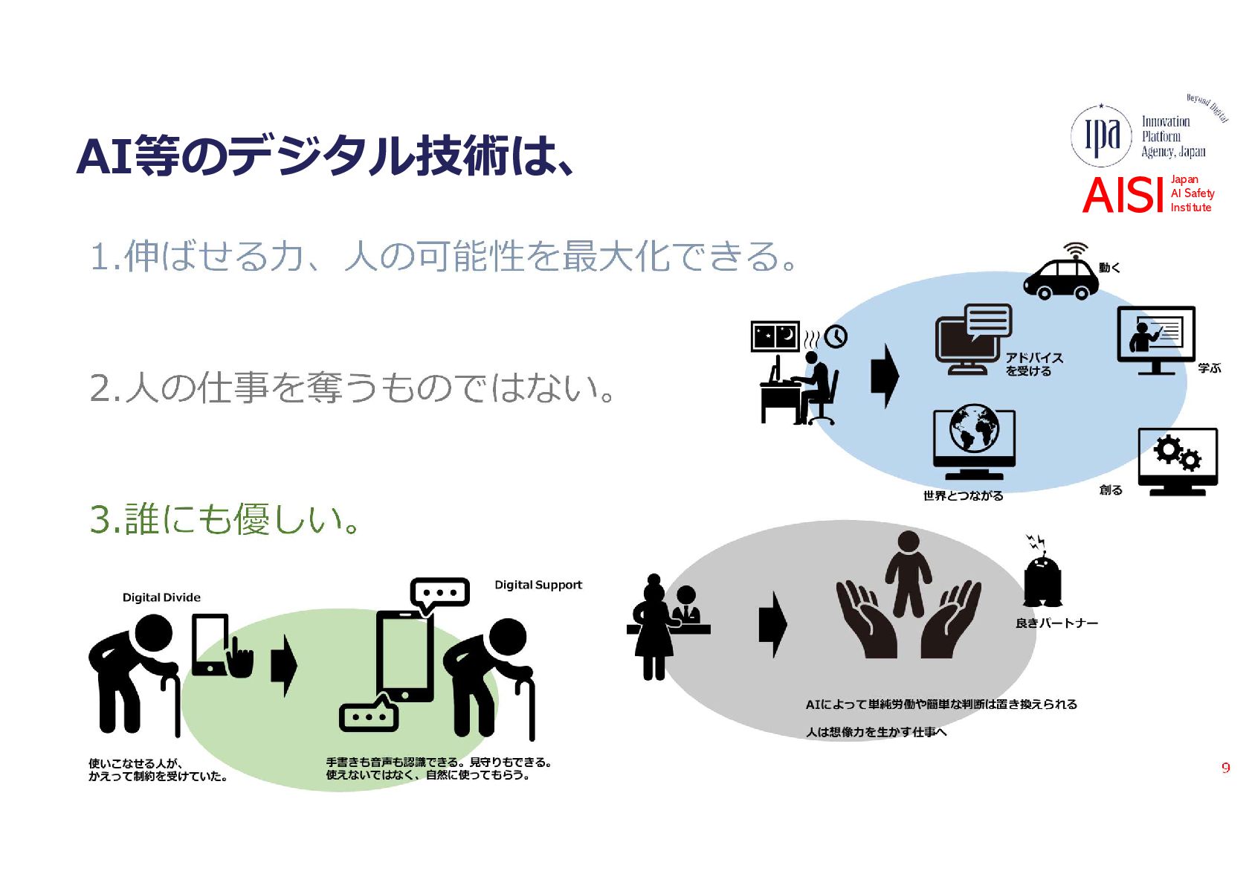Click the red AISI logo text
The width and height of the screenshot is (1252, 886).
pyautogui.click(x=1123, y=195)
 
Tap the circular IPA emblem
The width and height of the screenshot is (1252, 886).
pyautogui.click(x=1100, y=136)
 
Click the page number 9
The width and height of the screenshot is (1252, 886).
pyautogui.click(x=1226, y=768)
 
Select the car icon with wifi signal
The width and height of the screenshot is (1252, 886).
pyautogui.click(x=1061, y=272)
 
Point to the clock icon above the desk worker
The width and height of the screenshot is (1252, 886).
pyautogui.click(x=836, y=336)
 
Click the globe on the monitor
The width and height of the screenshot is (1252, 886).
pyautogui.click(x=974, y=428)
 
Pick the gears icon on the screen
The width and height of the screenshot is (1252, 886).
pyautogui.click(x=1178, y=453)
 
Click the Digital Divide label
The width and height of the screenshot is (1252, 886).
pyautogui.click(x=161, y=597)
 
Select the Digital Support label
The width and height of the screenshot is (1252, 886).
pyautogui.click(x=538, y=585)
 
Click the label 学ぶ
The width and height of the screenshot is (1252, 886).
pyautogui.click(x=1209, y=368)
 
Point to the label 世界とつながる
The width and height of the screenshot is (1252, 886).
pyautogui.click(x=963, y=495)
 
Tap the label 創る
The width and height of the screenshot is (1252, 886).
pyautogui.click(x=1111, y=490)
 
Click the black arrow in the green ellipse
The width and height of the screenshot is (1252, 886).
pyautogui.click(x=284, y=666)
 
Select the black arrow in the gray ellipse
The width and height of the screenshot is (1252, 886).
pyautogui.click(x=773, y=624)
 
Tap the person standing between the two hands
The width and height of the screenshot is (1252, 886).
pyautogui.click(x=909, y=574)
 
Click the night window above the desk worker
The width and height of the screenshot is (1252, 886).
pyautogui.click(x=775, y=336)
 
